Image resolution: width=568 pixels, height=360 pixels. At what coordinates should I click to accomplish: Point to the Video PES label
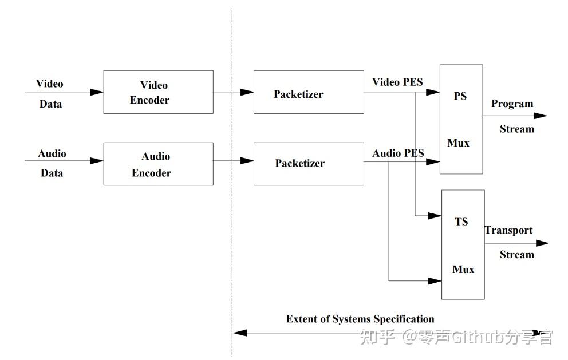[x=397, y=82]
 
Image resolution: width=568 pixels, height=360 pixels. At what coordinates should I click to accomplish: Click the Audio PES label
[x=398, y=153]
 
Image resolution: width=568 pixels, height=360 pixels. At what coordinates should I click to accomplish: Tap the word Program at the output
[x=512, y=104]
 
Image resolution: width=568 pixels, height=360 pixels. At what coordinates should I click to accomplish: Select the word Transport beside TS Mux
[x=508, y=230]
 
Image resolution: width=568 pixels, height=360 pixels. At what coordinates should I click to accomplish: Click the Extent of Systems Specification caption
[x=360, y=319]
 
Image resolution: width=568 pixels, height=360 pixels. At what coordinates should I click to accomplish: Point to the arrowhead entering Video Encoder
[x=96, y=92]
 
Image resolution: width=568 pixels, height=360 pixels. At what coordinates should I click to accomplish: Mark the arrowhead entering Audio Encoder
[x=96, y=160]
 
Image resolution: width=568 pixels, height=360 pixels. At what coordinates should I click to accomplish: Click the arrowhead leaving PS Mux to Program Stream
[x=541, y=116]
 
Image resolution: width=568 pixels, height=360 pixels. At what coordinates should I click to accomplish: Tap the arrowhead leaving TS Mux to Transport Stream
[x=542, y=243]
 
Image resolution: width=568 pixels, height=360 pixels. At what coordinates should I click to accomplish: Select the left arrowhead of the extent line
[x=240, y=333]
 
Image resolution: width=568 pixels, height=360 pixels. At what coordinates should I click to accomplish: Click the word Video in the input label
[x=50, y=84]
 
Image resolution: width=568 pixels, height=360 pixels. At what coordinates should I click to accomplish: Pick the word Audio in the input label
[x=52, y=153]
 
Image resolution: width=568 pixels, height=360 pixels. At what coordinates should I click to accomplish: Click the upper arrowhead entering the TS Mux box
[x=435, y=216]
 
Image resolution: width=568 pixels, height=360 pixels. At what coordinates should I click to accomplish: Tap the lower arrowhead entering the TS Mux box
[x=435, y=280]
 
